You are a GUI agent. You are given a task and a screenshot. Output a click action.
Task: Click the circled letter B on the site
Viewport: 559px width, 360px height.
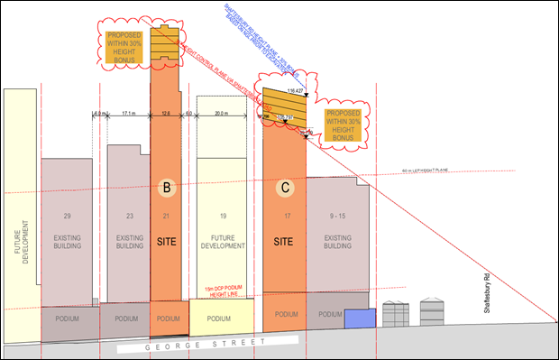(x=167, y=188)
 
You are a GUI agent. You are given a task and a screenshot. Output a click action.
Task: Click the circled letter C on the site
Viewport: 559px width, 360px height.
(x=286, y=188)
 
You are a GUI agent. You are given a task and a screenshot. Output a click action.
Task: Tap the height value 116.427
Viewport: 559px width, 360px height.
(x=294, y=92)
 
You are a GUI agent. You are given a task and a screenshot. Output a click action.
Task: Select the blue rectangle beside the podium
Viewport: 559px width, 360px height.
(x=360, y=318)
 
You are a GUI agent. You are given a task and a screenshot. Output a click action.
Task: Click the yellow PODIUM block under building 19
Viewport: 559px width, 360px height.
(x=219, y=318)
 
